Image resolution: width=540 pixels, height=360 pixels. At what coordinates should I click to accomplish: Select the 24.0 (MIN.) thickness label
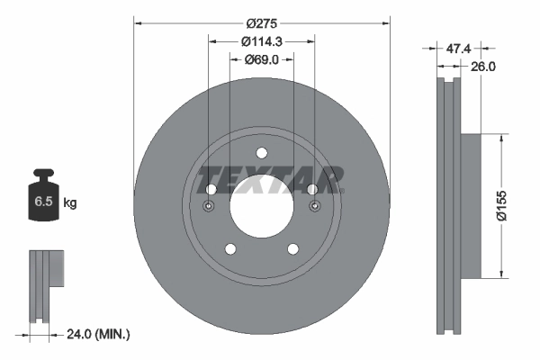coord(99,334)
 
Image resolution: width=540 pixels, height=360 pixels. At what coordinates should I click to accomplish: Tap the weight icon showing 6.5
coord(41,199)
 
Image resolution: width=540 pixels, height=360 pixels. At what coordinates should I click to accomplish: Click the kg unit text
coord(70,203)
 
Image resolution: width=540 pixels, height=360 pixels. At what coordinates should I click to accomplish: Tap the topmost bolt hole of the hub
coord(262,152)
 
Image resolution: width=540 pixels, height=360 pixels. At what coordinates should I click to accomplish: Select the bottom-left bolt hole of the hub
coord(230,249)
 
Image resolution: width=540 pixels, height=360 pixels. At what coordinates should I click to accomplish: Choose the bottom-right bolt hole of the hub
coord(293,249)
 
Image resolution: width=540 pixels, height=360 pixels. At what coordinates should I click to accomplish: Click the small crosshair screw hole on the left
coord(208,208)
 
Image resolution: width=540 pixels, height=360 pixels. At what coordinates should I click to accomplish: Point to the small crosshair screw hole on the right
coord(315,208)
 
